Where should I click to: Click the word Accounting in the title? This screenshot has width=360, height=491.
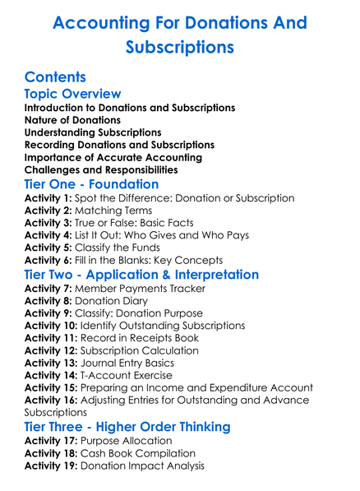[x=96, y=22]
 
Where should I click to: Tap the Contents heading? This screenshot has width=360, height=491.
[x=55, y=77]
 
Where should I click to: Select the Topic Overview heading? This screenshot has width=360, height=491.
[x=72, y=94]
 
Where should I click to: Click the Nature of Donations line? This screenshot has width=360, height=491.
[x=72, y=120]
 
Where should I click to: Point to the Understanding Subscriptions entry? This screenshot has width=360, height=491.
[x=92, y=132]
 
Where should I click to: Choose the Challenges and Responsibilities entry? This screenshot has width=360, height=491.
[x=101, y=169]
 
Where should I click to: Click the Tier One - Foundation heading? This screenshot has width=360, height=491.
[x=91, y=184]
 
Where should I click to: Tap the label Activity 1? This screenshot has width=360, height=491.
[x=48, y=198]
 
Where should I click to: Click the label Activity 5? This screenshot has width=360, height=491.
[x=48, y=248]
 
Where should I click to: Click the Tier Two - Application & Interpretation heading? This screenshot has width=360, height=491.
[x=153, y=275]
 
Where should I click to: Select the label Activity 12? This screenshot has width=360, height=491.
[x=52, y=350]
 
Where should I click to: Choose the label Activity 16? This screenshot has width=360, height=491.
[x=52, y=400]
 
